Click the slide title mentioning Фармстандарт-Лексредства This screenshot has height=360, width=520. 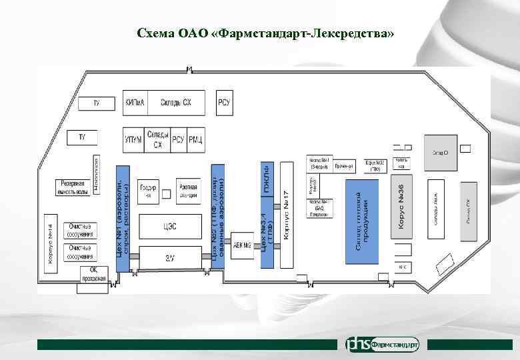[265, 33]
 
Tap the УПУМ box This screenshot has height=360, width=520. [133, 140]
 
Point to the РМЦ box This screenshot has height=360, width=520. [195, 140]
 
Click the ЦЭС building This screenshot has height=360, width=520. [169, 226]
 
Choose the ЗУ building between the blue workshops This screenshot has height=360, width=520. [169, 257]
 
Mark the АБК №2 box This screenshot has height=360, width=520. [242, 245]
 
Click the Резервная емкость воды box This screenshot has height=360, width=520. [74, 187]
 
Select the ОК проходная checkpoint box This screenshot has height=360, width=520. [93, 274]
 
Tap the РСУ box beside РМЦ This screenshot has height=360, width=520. [178, 140]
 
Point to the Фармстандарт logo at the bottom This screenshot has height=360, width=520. [383, 344]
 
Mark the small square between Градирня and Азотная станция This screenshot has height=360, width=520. [166, 195]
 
